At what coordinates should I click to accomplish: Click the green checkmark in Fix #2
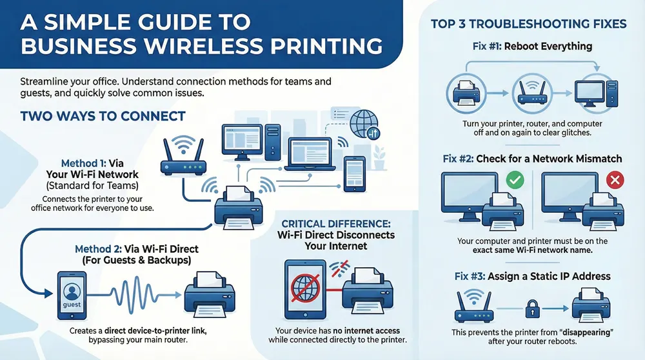[x=516, y=179]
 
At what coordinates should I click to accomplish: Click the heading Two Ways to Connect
[x=103, y=117]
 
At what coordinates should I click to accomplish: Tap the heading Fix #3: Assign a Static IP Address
[x=532, y=276]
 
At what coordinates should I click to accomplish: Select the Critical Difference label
[x=335, y=223]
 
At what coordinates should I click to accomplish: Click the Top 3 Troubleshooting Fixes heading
[x=528, y=25]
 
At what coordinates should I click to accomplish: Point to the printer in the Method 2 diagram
[x=208, y=294]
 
